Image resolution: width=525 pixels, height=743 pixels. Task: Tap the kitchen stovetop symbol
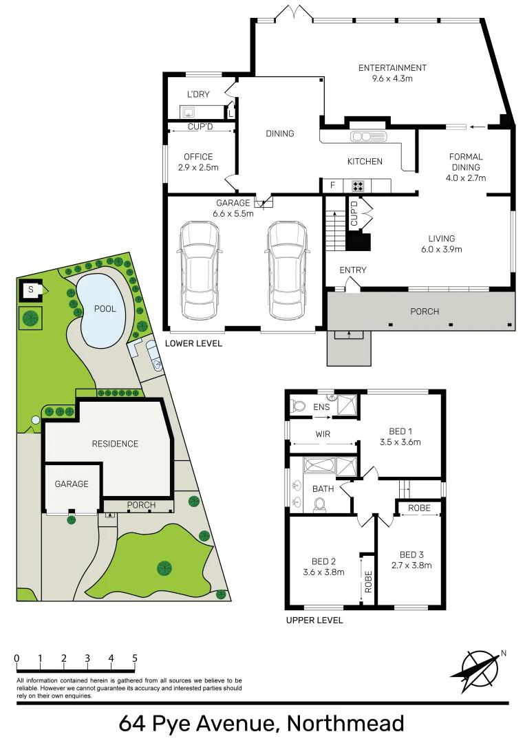click(358, 185)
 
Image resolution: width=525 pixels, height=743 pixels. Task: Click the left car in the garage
click(200, 270)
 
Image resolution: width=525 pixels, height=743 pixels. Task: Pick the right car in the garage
click(288, 270)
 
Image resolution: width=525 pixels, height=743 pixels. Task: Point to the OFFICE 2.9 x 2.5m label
click(198, 162)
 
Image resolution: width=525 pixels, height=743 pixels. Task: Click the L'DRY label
click(198, 94)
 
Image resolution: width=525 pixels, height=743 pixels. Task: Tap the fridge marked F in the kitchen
click(333, 185)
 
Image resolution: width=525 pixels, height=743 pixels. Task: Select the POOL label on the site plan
click(105, 309)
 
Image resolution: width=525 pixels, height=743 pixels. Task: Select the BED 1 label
click(400, 437)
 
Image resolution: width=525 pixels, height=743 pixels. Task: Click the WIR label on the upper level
click(323, 434)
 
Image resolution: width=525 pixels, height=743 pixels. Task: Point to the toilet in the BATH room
click(319, 505)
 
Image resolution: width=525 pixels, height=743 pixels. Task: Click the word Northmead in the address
click(345, 724)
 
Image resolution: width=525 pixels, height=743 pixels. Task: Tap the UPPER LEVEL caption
click(314, 620)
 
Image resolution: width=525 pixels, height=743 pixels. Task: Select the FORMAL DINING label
click(466, 166)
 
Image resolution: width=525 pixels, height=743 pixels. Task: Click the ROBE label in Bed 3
click(419, 508)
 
